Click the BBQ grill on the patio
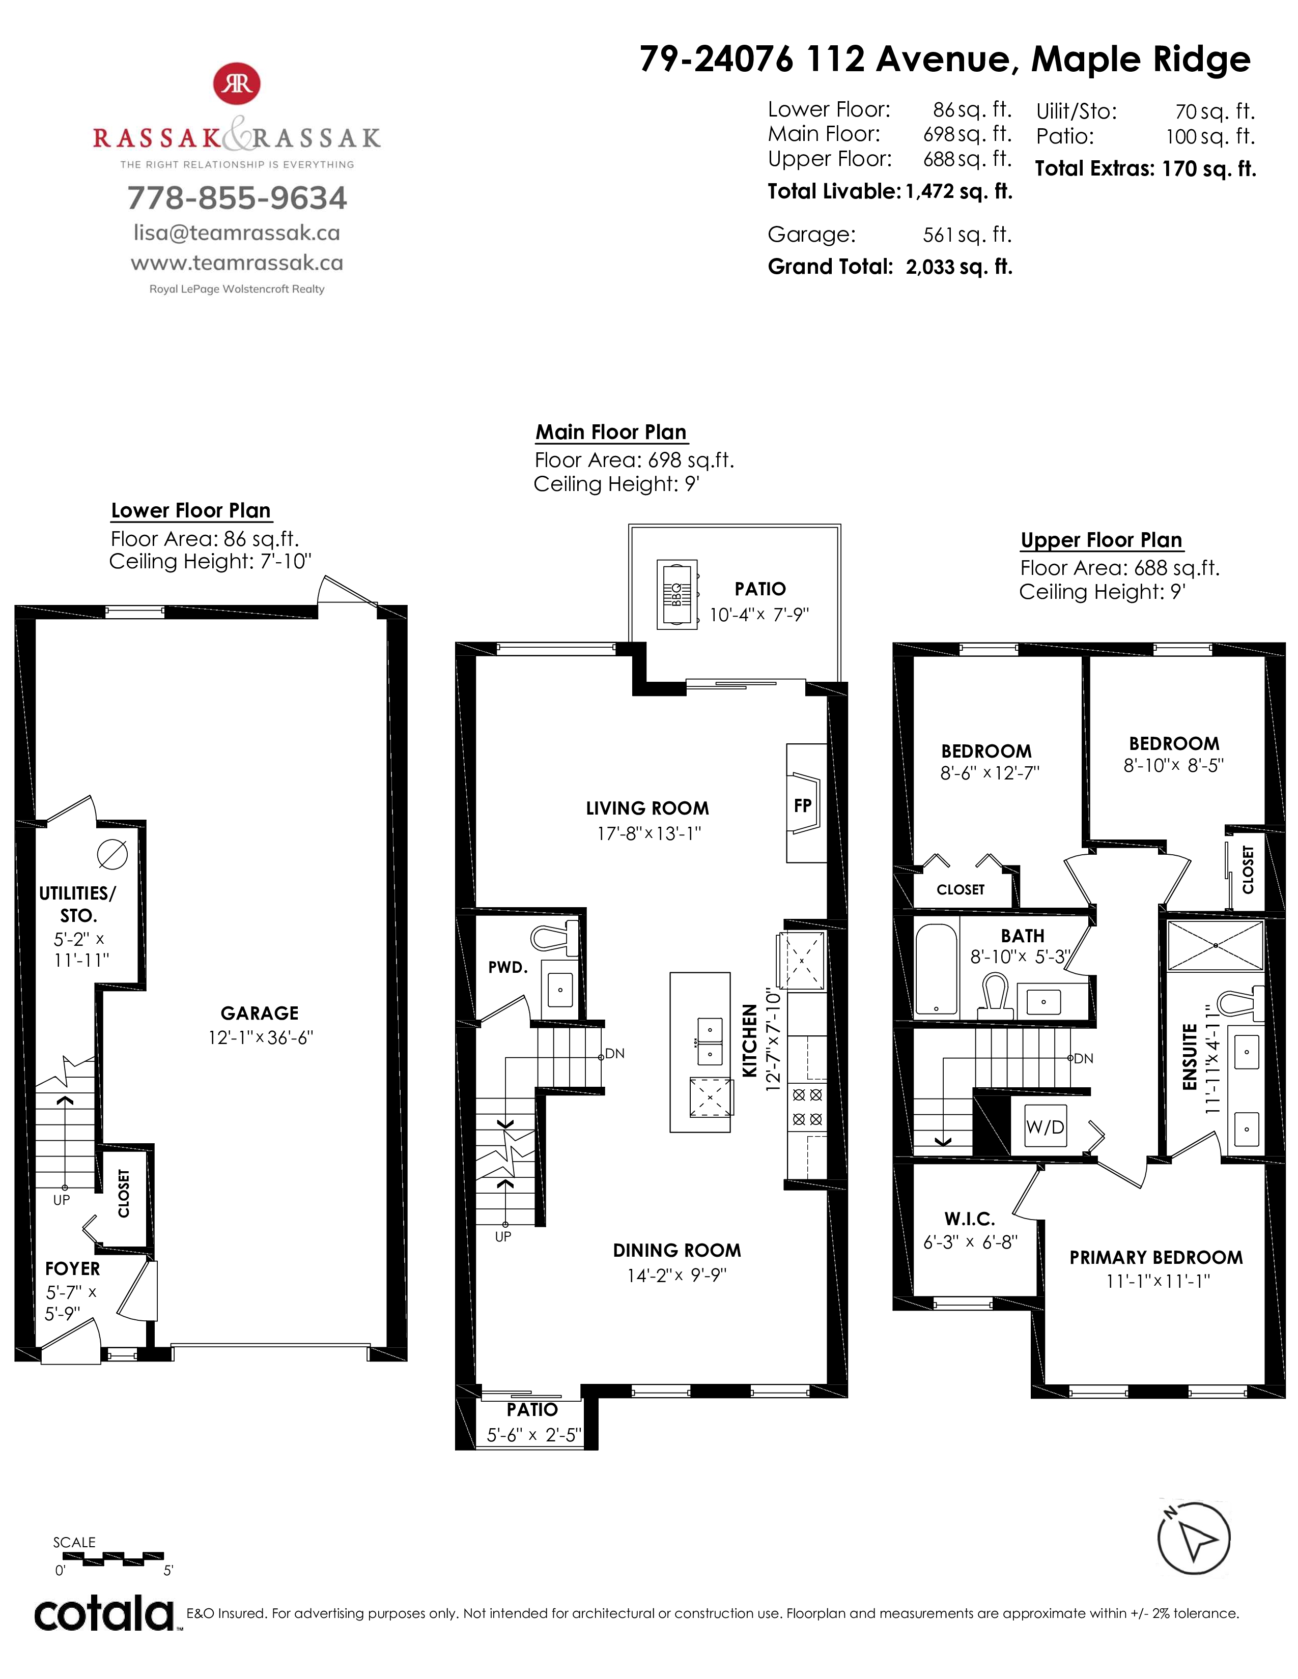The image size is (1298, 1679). point(676,594)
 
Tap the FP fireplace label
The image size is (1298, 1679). point(802,805)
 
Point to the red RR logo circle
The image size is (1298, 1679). point(237,84)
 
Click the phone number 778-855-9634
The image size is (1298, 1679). point(237,197)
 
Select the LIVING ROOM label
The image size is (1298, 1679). point(647,808)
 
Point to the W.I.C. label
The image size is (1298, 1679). point(970,1219)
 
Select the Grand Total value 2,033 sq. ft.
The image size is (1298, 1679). point(959,267)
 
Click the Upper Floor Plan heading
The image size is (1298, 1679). point(1101,540)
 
